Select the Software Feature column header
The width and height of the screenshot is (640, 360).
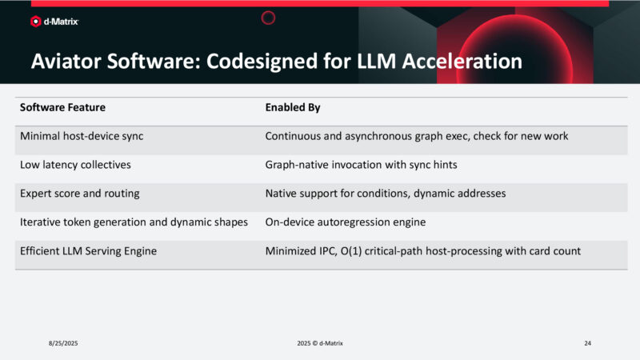tap(62, 106)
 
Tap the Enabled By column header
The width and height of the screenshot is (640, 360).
tap(293, 106)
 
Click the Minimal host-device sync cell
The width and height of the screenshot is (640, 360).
tap(82, 136)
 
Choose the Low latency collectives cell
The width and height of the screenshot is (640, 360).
tap(75, 164)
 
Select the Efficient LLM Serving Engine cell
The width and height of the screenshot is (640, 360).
tap(88, 251)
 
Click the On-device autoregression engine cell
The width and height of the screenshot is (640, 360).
tap(344, 222)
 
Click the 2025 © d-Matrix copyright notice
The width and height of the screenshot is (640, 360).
tap(319, 343)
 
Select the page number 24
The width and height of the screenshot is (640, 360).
tap(587, 343)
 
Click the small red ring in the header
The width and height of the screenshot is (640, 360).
tap(269, 18)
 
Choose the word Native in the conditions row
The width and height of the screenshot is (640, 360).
tap(282, 193)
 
